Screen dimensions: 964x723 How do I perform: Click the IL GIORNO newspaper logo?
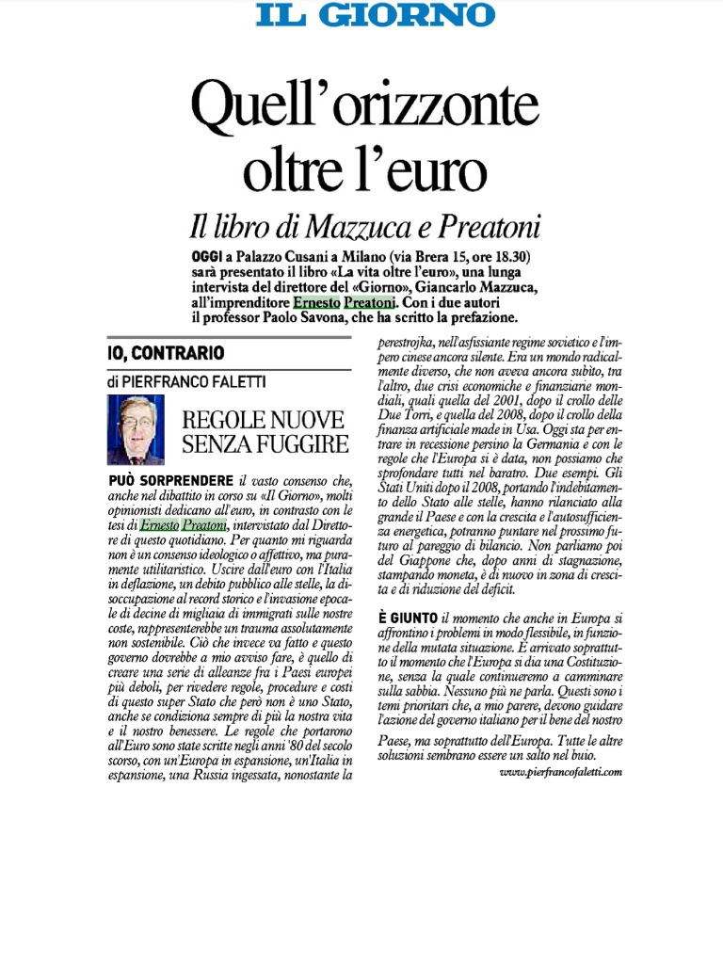[x=376, y=14]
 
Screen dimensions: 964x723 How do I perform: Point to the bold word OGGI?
[x=205, y=257]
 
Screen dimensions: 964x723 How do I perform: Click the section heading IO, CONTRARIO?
[x=166, y=354]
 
